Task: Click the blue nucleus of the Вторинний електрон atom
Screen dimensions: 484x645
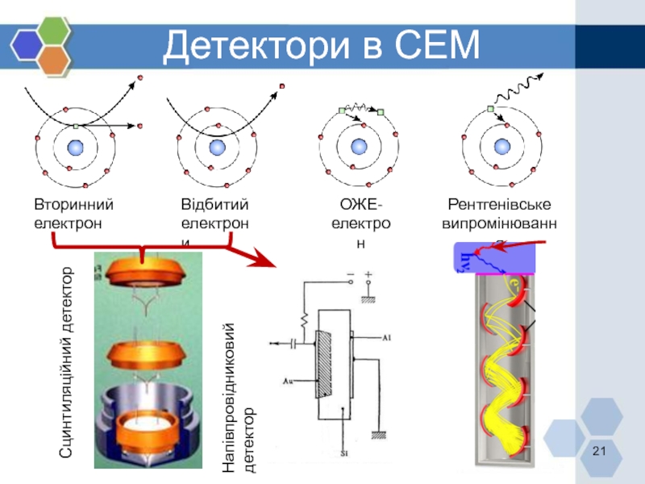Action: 76,147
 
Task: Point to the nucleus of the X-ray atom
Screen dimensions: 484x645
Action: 502,147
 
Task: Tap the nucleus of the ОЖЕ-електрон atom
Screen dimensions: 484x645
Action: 357,147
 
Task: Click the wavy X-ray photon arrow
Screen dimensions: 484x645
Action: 516,90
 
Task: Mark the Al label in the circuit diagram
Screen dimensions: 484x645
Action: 388,338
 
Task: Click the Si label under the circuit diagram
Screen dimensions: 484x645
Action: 344,454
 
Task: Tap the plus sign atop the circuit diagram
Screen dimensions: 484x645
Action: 368,276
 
